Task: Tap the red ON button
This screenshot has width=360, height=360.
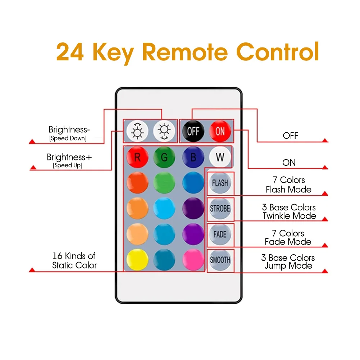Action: [x=220, y=131]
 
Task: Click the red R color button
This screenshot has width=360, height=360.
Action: [x=137, y=157]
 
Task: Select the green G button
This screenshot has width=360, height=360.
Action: [x=164, y=157]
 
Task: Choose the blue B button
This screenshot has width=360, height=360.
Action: [x=193, y=157]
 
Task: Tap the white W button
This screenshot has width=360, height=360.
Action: [x=220, y=157]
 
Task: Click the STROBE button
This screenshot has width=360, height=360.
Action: [x=220, y=209]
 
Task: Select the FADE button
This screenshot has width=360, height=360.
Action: [x=220, y=234]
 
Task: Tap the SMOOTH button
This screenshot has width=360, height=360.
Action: [x=220, y=260]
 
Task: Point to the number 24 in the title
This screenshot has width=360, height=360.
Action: [x=70, y=52]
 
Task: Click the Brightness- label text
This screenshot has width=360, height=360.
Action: [x=68, y=129]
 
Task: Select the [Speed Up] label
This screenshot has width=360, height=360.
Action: [x=68, y=165]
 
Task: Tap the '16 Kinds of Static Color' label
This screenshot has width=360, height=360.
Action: [x=74, y=261]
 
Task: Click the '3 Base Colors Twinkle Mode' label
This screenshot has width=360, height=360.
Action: [x=289, y=212]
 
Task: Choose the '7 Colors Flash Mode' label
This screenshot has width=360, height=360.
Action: [x=288, y=184]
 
